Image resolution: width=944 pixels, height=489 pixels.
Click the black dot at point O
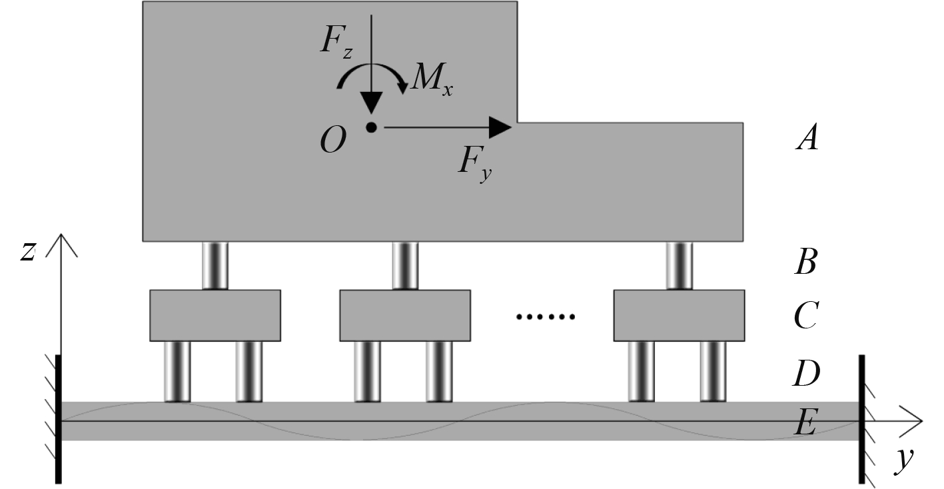point(371,127)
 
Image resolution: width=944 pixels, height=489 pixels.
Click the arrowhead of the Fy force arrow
point(500,127)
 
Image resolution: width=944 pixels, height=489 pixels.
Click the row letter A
point(807,140)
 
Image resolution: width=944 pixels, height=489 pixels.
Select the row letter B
point(806,264)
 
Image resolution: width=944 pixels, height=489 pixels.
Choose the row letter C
point(806,318)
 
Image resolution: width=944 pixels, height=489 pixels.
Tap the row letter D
point(806,374)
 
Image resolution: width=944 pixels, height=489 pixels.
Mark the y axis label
point(902,460)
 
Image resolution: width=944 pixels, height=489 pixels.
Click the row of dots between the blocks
point(546,317)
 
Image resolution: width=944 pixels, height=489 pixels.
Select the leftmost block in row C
point(215,315)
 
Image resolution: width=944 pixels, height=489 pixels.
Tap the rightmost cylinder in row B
point(679,266)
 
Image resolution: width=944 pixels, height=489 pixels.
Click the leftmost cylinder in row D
point(177,371)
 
